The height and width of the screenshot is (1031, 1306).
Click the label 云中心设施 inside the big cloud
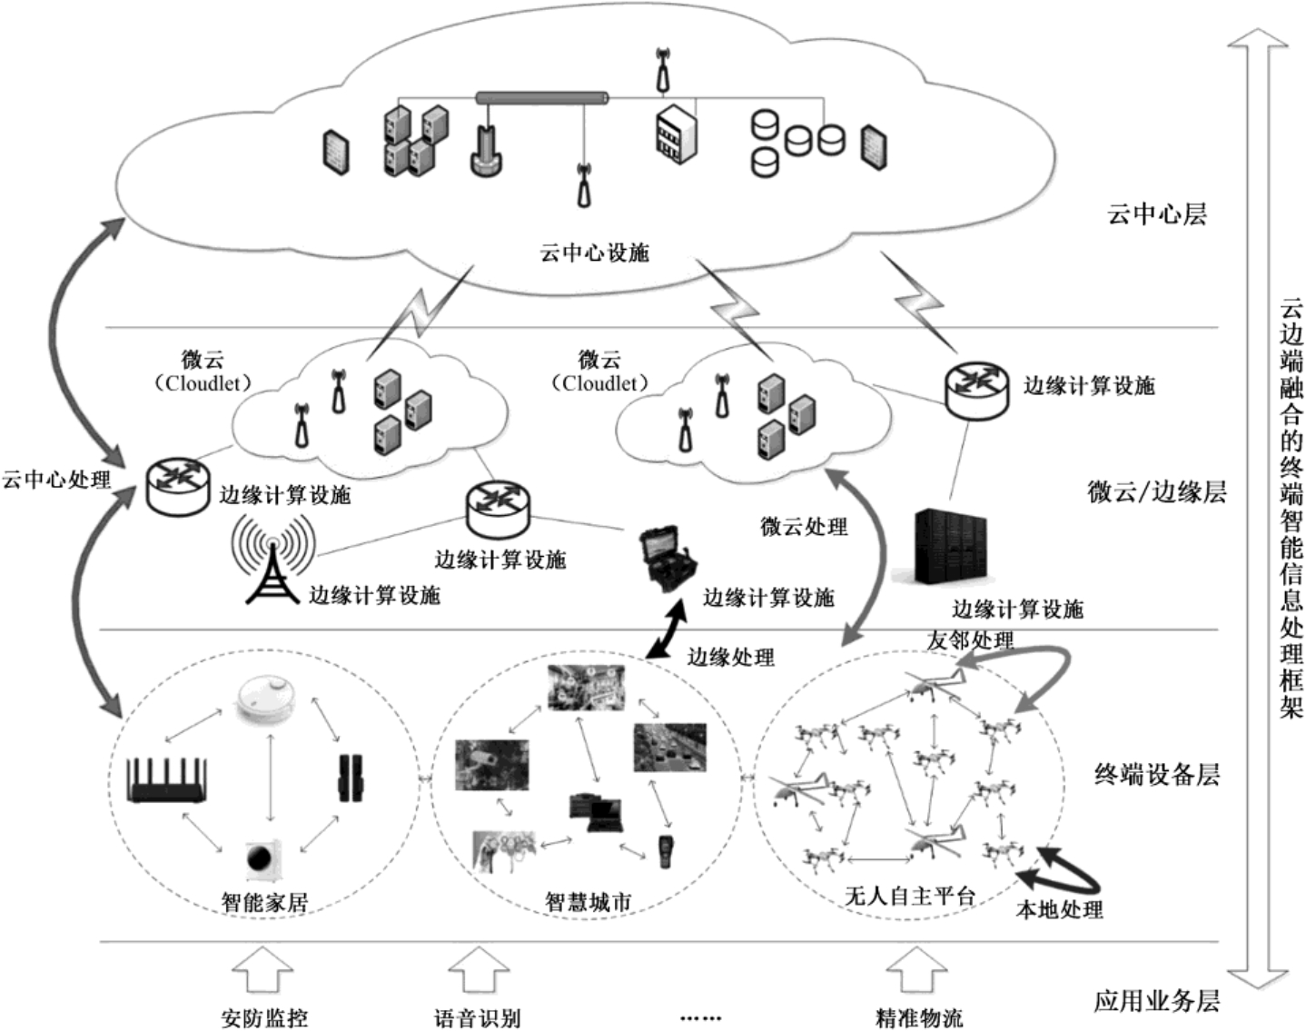coord(595,253)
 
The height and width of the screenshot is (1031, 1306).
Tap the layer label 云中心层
coord(1156,214)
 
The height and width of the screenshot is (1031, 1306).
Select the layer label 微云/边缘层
coord(1156,491)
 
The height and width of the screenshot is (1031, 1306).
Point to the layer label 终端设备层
coord(1156,774)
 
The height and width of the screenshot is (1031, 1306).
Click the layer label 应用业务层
coord(1156,1001)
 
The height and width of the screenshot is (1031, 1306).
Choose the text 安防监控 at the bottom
coord(264,1017)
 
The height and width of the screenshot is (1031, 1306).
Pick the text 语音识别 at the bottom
coord(478,1017)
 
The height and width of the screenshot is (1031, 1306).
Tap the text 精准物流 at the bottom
coord(918,1017)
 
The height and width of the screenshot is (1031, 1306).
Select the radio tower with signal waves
coord(272,560)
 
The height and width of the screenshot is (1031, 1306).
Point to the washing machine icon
coord(264,857)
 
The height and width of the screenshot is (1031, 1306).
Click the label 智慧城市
coord(588,902)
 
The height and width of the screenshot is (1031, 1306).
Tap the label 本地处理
coord(1058,909)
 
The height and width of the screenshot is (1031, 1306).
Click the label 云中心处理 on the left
coord(56,480)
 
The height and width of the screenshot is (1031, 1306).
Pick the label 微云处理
coord(804,526)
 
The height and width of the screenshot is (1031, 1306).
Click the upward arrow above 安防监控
coord(264,971)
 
